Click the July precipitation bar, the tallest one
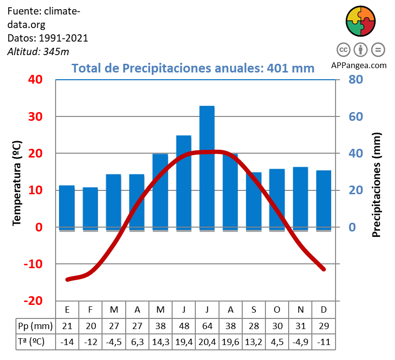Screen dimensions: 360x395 click(x=207, y=167)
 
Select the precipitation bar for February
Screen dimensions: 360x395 click(x=90, y=208)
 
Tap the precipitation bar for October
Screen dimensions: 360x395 click(x=277, y=199)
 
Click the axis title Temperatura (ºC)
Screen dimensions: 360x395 click(x=17, y=183)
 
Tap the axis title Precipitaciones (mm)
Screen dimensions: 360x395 click(x=377, y=185)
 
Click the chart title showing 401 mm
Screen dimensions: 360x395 click(x=193, y=68)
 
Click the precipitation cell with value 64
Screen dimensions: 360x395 click(x=207, y=325)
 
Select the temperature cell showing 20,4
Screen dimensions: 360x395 click(x=207, y=342)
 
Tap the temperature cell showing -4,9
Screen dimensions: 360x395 click(x=300, y=342)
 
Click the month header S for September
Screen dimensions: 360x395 click(x=254, y=309)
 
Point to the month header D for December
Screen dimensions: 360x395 click(x=323, y=309)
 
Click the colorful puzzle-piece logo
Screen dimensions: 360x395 click(x=361, y=21)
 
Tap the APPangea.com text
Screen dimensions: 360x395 click(x=359, y=66)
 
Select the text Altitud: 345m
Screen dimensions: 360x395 click(x=38, y=52)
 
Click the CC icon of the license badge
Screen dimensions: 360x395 click(x=344, y=49)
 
